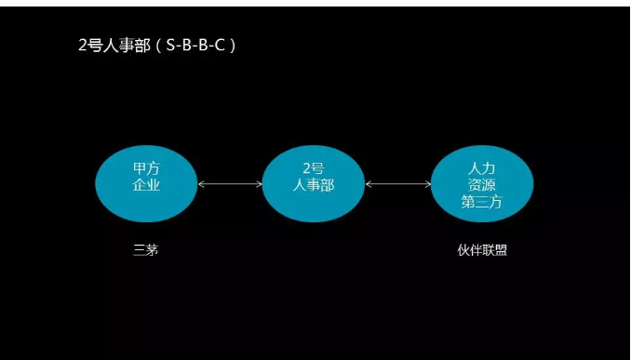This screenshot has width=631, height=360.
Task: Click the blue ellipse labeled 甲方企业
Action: [146, 182]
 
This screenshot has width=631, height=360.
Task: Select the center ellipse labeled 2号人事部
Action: [313, 182]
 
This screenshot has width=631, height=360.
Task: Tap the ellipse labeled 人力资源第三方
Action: [481, 182]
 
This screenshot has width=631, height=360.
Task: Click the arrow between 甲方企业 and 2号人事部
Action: [230, 184]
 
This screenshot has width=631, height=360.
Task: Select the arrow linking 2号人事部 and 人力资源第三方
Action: [397, 184]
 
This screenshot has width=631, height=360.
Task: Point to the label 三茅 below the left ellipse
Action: [146, 249]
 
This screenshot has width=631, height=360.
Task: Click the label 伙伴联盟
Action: [482, 249]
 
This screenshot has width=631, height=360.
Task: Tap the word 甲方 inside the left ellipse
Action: [147, 168]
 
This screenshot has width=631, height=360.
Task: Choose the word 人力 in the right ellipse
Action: [481, 167]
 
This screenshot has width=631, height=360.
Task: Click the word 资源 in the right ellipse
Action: [481, 184]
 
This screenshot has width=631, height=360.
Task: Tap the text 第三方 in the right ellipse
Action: [481, 201]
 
